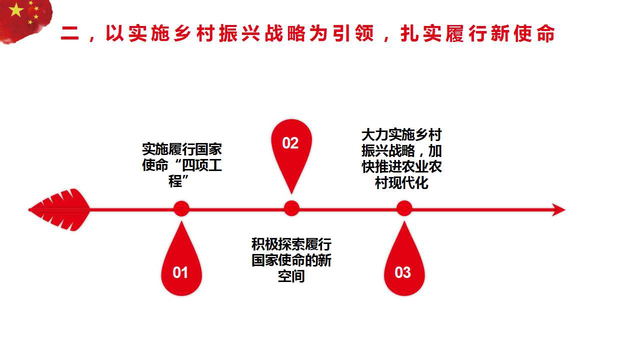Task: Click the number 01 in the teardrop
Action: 180,272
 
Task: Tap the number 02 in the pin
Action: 290,143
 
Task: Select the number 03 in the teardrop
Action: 403,272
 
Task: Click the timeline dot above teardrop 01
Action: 181,208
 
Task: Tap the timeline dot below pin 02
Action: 291,208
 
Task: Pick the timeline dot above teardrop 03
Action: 404,208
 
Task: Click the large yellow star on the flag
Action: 16,10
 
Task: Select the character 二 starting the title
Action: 70,34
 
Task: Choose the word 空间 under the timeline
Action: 291,276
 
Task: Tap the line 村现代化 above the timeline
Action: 402,182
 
